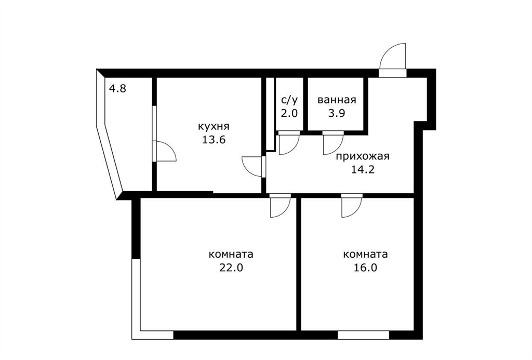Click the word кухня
(x=214, y=127)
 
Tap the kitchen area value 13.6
(x=214, y=139)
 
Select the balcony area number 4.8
(x=117, y=89)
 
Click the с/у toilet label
(x=289, y=100)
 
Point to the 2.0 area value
(x=289, y=113)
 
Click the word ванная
(x=337, y=100)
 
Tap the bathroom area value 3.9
(x=337, y=113)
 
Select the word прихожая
(x=363, y=157)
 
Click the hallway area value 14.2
(x=363, y=169)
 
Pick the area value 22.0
(x=231, y=268)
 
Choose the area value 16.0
(x=365, y=268)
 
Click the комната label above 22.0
(x=231, y=255)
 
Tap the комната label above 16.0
(x=365, y=255)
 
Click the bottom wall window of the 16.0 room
(x=363, y=335)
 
